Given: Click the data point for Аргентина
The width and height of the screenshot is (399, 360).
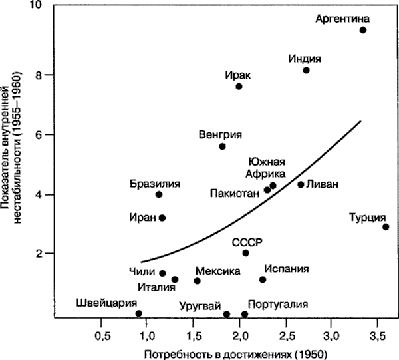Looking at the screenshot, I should [x=363, y=30].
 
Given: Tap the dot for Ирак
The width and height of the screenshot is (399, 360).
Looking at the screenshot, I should [x=239, y=87].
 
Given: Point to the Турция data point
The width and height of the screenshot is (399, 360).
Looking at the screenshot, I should [x=386, y=227].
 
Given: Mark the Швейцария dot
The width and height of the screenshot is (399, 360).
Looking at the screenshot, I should [x=138, y=313].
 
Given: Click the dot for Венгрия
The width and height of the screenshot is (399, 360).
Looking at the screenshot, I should [x=223, y=146].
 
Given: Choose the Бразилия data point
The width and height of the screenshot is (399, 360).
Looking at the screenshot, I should [x=158, y=194].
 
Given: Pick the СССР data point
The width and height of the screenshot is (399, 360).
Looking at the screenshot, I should [x=245, y=253].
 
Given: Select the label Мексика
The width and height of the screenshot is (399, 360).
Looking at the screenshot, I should [x=217, y=271].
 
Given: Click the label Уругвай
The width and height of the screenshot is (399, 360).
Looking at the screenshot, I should [x=199, y=307].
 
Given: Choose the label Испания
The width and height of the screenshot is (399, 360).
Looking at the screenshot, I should [x=287, y=269].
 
